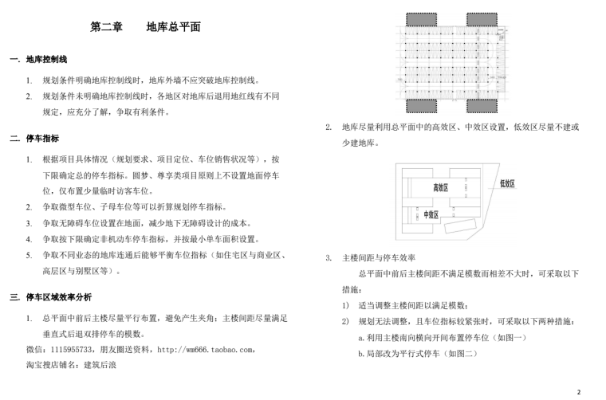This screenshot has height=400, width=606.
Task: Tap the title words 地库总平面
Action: [x=173, y=27]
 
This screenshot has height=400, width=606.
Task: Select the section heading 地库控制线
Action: [x=46, y=60]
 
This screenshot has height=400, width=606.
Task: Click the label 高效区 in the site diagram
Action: [x=440, y=187]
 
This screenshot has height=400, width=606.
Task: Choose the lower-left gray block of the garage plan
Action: [x=417, y=107]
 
